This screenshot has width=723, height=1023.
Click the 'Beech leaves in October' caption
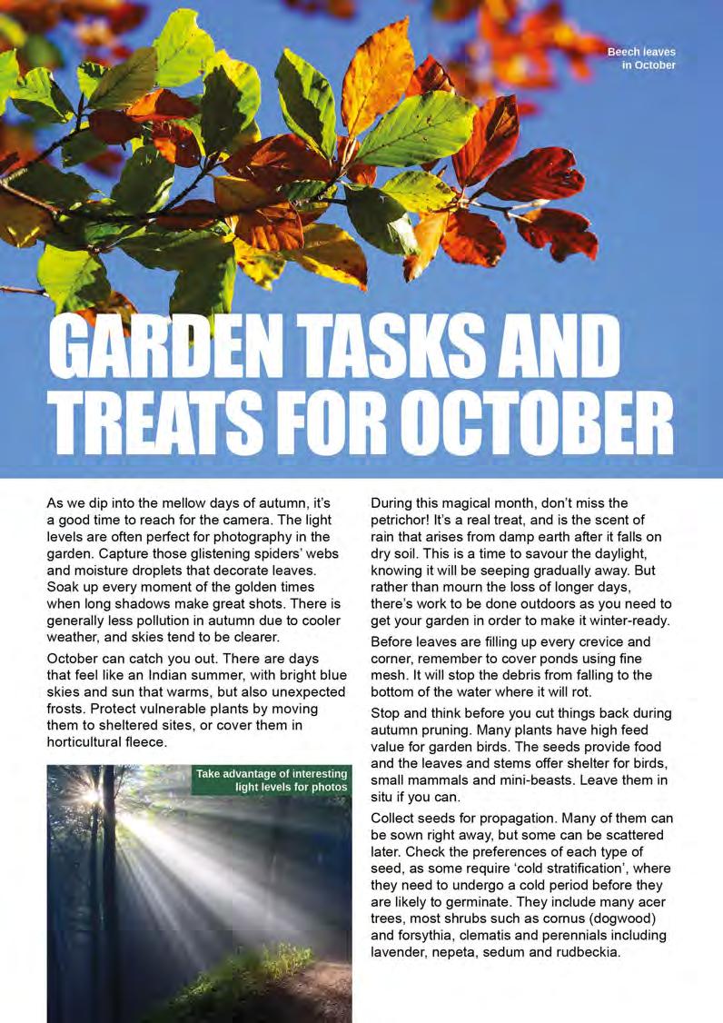(641, 59)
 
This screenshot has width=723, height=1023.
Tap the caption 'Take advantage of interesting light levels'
(272, 780)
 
